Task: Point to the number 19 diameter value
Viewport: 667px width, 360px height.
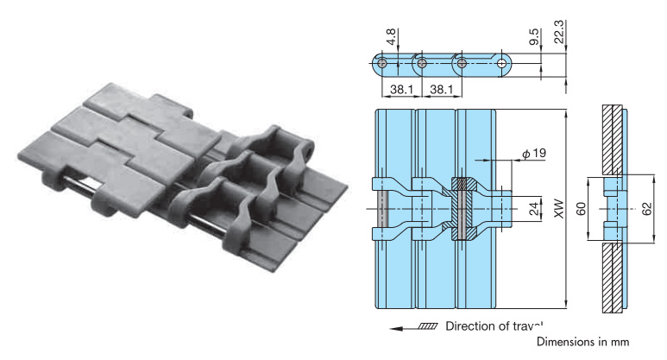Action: [x=538, y=154]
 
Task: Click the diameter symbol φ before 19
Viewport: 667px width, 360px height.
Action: [x=525, y=154]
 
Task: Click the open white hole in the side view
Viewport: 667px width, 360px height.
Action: [x=502, y=63]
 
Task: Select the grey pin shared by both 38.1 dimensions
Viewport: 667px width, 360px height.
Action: [x=421, y=63]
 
